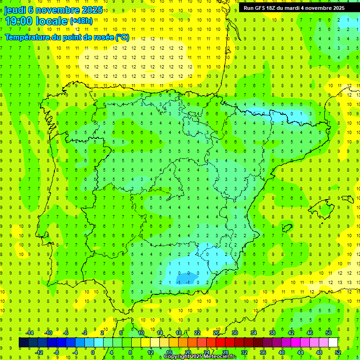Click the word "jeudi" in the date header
coord(15,10)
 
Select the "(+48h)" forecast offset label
coord(81,21)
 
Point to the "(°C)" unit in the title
coord(122,37)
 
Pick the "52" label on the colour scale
coord(338,352)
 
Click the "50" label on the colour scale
coord(329,333)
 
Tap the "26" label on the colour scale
coord(216,333)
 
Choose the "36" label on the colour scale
coord(263,352)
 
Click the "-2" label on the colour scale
coord(85,333)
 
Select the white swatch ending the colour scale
coord(333,343)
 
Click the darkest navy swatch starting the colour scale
coord(23,343)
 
